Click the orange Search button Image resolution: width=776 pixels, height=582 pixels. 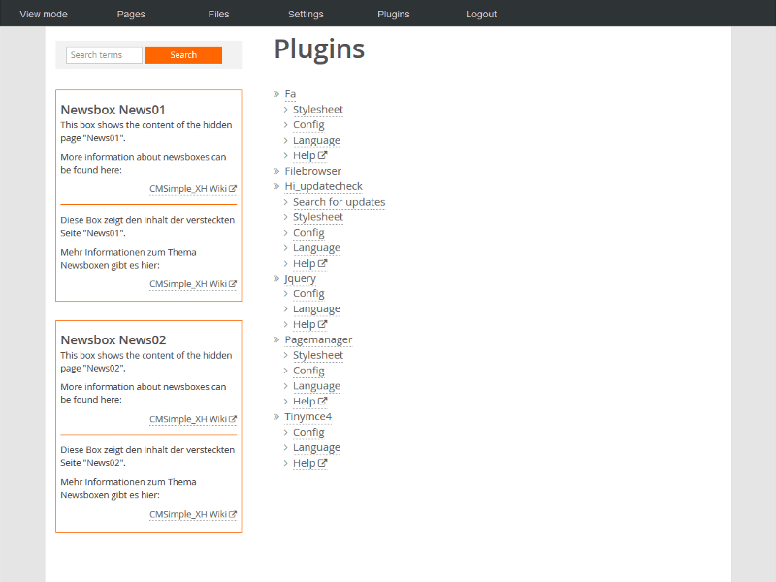pyautogui.click(x=183, y=55)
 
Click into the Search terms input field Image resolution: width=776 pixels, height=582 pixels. pyautogui.click(x=104, y=55)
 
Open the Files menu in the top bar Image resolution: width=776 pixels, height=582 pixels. pyautogui.click(x=218, y=14)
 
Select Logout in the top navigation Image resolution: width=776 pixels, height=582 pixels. pyautogui.click(x=481, y=14)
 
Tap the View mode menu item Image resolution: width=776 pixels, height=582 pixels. pyautogui.click(x=44, y=14)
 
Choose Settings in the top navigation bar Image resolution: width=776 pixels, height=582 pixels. pyautogui.click(x=306, y=14)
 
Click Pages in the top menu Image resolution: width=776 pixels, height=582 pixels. pyautogui.click(x=131, y=14)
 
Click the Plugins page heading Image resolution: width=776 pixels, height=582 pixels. pyautogui.click(x=319, y=49)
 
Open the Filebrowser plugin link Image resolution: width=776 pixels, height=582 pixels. pyautogui.click(x=312, y=171)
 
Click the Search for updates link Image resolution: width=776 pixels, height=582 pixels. pyautogui.click(x=339, y=202)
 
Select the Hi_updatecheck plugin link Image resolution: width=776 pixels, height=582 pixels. pyautogui.click(x=324, y=186)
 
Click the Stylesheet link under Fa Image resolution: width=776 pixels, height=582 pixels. pyautogui.click(x=318, y=109)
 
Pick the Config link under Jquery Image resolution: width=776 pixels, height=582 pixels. pyautogui.click(x=308, y=294)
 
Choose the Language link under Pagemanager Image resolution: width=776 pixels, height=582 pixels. pyautogui.click(x=316, y=385)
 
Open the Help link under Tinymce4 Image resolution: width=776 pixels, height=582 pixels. pyautogui.click(x=309, y=463)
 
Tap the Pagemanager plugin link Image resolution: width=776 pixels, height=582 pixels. pyautogui.click(x=318, y=339)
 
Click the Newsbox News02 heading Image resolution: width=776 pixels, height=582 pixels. pyautogui.click(x=113, y=340)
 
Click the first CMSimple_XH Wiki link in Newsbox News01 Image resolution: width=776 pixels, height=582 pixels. pyautogui.click(x=193, y=188)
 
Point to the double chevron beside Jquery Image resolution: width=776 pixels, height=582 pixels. pyautogui.click(x=276, y=278)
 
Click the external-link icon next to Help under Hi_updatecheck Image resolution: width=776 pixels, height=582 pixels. pyautogui.click(x=322, y=263)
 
